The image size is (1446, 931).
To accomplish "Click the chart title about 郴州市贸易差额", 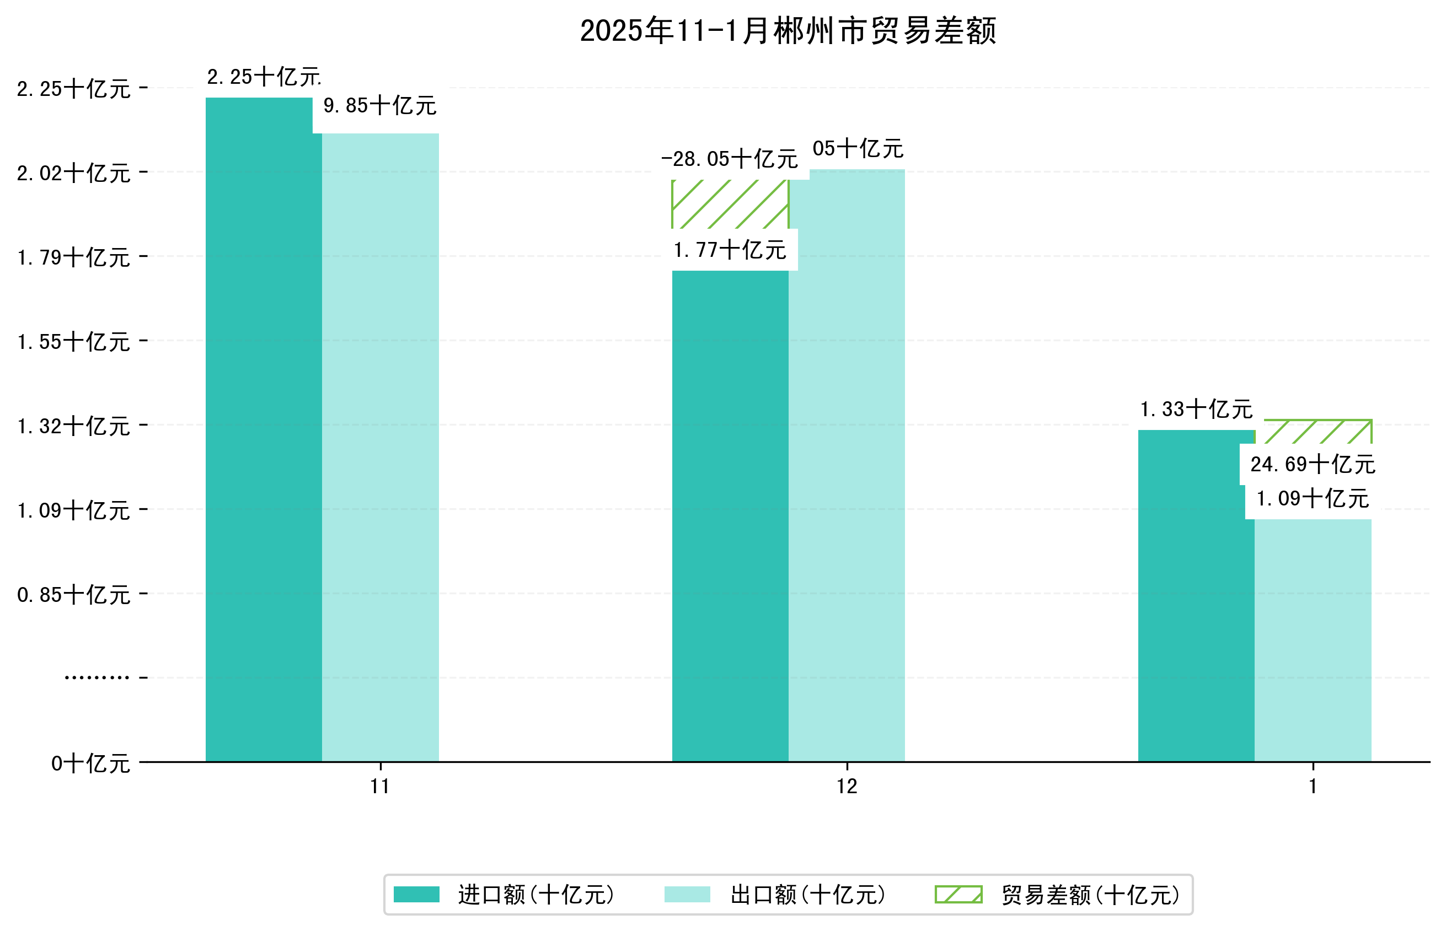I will coord(788,31).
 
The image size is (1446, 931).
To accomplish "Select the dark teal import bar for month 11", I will coord(263,429).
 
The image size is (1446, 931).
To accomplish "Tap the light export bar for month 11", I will coord(380,448).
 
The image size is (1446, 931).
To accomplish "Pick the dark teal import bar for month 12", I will coord(730,514).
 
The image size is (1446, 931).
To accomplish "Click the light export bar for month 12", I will coord(846,465).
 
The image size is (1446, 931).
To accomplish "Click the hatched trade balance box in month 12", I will coord(730,204).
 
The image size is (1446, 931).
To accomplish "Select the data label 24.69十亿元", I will coord(1313,464).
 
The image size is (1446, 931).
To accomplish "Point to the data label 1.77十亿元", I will coord(730,250).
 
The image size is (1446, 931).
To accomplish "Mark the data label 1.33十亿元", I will coord(1196,410).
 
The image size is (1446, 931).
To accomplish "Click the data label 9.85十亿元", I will coord(379,106).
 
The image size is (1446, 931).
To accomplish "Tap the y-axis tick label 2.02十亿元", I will coord(73,174).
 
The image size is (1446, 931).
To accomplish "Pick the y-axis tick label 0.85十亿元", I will coord(73,595).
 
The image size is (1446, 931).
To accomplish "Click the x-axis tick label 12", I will coord(846,787).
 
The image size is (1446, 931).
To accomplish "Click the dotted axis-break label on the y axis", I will coord(97,677).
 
